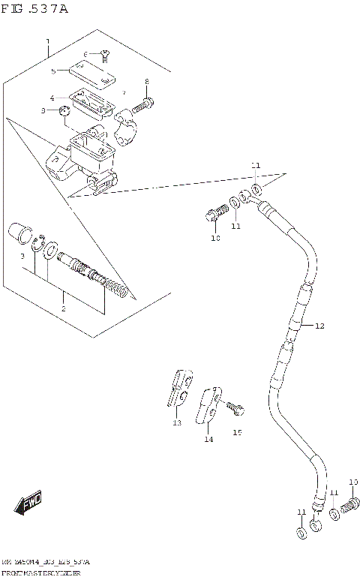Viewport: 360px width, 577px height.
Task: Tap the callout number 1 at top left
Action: [x=47, y=41]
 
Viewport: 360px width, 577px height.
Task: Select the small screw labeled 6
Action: [x=105, y=54]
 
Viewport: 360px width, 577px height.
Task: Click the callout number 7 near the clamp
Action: [x=124, y=92]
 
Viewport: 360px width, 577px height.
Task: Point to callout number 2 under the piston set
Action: [x=63, y=308]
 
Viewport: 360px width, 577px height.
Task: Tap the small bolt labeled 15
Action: [x=236, y=408]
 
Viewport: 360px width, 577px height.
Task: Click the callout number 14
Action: [x=208, y=439]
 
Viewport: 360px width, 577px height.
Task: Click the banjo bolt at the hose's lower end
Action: [x=349, y=509]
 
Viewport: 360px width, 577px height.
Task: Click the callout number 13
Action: [x=177, y=423]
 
